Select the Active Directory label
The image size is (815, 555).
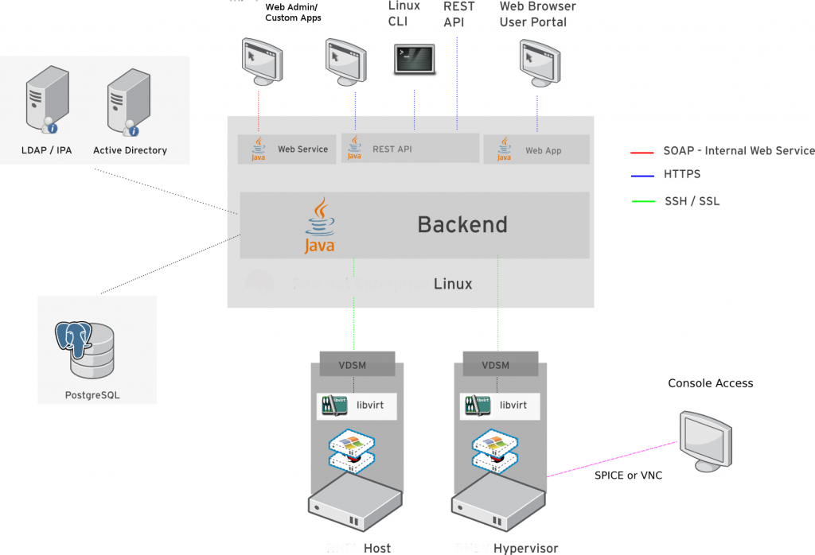click(130, 150)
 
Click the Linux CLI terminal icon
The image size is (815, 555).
click(415, 60)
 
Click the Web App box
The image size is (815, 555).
click(536, 150)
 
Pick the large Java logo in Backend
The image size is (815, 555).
click(320, 227)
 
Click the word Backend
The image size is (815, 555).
click(462, 225)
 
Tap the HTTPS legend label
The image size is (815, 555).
click(682, 174)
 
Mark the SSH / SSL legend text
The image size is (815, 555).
click(692, 201)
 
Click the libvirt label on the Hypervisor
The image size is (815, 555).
click(513, 406)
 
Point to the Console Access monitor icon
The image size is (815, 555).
click(705, 440)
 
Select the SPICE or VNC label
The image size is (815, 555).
click(629, 475)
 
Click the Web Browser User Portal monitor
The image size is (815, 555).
click(538, 64)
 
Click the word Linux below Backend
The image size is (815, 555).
click(453, 284)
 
